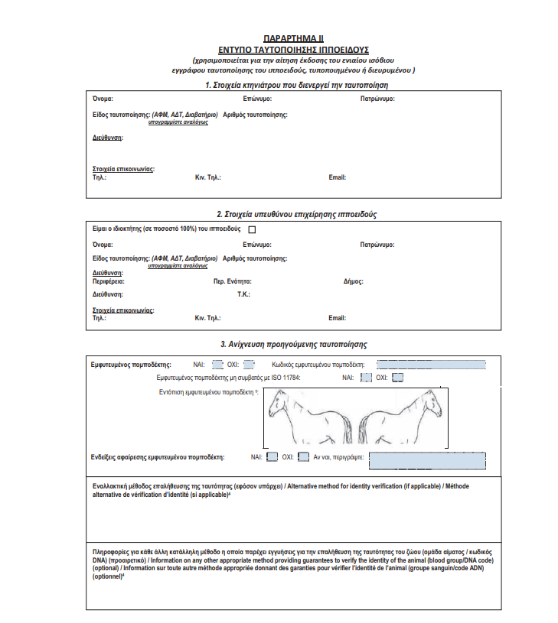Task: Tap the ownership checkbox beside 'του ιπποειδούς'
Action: pos(253,229)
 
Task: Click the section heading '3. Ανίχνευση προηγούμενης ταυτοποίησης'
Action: pos(293,345)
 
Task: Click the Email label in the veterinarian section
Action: pos(338,177)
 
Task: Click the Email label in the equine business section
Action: pos(338,318)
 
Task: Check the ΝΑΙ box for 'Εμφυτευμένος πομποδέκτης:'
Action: pos(217,365)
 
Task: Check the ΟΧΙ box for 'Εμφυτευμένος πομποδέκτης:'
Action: pos(248,365)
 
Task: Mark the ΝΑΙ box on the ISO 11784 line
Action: pos(367,378)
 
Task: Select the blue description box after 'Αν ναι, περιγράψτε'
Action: pos(429,459)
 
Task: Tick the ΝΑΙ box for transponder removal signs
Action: pos(271,457)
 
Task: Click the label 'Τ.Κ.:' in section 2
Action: pos(244,294)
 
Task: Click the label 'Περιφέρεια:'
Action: pos(109,281)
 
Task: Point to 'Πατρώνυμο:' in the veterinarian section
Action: pos(377,99)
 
